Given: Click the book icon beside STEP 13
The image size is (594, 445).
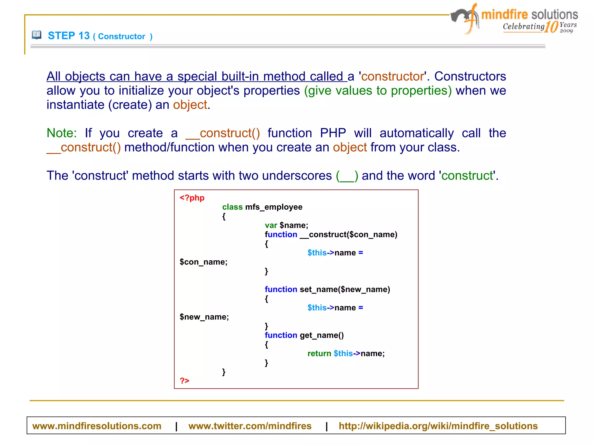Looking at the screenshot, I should click(x=37, y=35).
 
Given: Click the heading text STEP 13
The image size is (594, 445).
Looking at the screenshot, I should click(x=69, y=36).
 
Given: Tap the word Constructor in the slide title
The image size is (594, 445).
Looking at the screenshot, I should click(x=122, y=37).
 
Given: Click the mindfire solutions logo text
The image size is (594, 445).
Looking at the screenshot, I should click(x=529, y=14).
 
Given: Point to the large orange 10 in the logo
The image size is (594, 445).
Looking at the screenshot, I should click(x=551, y=27).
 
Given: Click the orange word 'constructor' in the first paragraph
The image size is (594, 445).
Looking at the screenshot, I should click(x=392, y=77).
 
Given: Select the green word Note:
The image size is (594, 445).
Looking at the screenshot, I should click(x=61, y=133).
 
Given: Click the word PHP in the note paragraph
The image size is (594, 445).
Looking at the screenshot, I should click(x=333, y=133).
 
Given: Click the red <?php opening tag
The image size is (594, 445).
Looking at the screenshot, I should click(x=192, y=198).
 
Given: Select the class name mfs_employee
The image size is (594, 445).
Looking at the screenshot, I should click(x=274, y=207).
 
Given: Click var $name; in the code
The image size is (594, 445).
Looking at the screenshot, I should click(x=286, y=225).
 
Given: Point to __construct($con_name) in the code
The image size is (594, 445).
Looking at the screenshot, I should click(x=348, y=235).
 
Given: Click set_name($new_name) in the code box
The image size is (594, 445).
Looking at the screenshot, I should click(x=345, y=289).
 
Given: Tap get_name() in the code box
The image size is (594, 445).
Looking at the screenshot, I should click(x=322, y=335).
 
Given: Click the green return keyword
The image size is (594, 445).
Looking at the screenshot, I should click(x=319, y=354).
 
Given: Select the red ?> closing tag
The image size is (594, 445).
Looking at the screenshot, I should click(x=184, y=381).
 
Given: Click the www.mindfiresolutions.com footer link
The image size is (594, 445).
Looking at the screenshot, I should click(x=97, y=426).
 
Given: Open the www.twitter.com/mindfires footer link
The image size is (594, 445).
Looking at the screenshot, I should click(x=250, y=426).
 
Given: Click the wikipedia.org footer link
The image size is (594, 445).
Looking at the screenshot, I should click(x=438, y=426).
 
